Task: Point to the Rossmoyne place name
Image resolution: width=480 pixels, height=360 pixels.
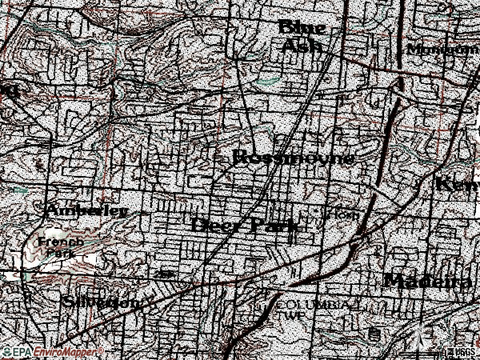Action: coord(293,158)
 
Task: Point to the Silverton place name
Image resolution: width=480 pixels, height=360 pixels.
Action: coord(102,302)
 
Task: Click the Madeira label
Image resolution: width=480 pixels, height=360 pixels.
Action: coord(428,281)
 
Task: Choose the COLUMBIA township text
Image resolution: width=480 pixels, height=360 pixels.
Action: coord(312,306)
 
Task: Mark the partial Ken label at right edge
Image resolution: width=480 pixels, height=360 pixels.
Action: coord(457,184)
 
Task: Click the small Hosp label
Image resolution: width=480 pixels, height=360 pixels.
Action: coord(342,215)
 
